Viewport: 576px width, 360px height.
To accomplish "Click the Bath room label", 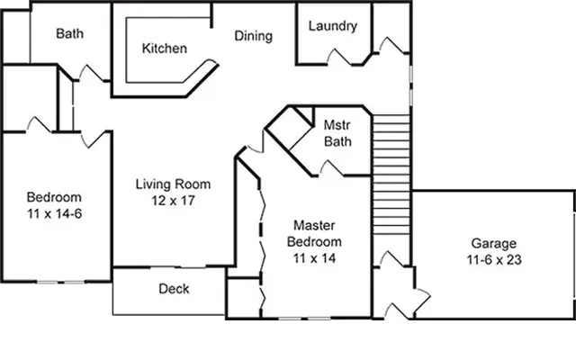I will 70,34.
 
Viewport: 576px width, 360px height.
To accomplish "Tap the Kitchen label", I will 165,49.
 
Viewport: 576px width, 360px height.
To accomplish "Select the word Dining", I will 254,36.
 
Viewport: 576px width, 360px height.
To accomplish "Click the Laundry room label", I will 332,26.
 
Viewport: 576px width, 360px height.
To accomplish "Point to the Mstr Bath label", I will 339,133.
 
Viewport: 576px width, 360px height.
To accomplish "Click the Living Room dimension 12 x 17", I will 166,202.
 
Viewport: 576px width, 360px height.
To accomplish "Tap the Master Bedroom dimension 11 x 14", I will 314,258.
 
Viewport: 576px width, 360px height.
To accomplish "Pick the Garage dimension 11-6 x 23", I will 494,260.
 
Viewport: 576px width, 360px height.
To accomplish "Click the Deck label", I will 173,289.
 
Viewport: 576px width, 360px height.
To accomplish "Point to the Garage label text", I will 494,243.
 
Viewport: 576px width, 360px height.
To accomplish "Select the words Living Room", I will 166,185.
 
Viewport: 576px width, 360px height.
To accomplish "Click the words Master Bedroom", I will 314,234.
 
